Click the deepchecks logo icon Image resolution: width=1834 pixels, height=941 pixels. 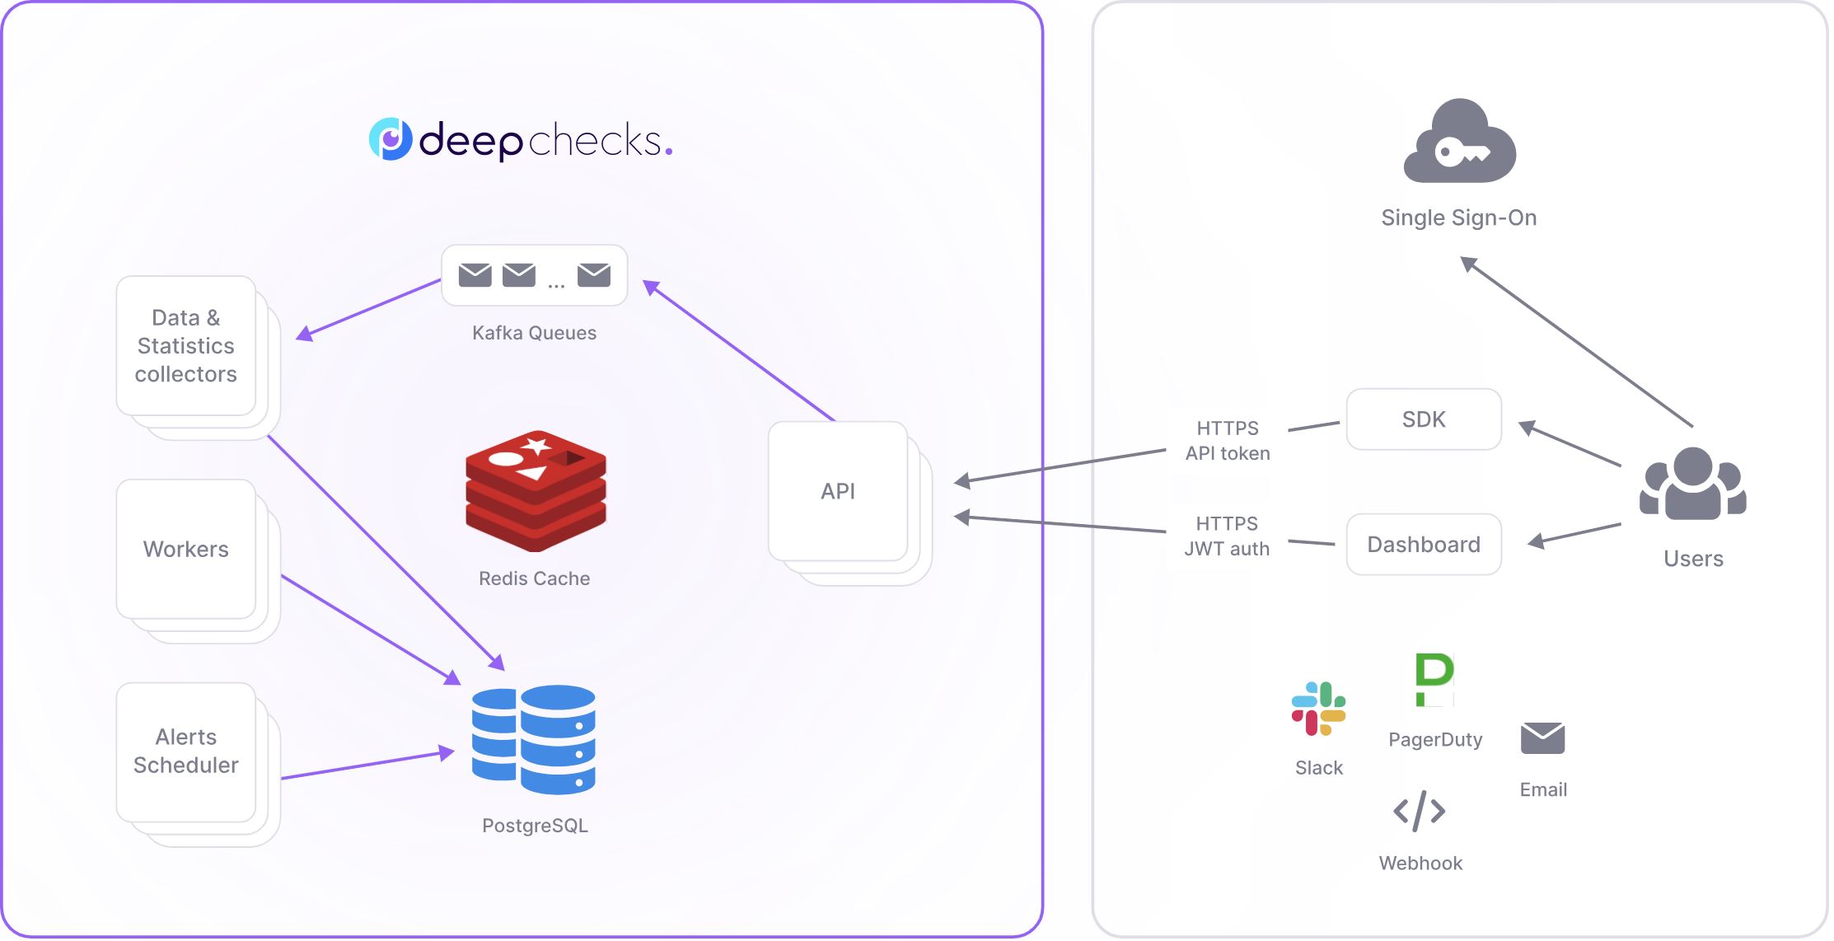pos(391,139)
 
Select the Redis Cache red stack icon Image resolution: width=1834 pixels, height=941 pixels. pos(536,491)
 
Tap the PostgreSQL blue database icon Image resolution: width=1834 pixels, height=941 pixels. pos(534,739)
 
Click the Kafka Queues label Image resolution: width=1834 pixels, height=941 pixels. pos(534,333)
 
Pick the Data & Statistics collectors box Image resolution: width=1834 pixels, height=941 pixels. pos(186,346)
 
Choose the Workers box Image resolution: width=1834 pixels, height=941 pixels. pos(186,550)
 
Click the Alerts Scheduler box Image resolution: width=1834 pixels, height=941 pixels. pos(186,751)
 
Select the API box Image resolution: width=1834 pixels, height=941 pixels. pos(838,491)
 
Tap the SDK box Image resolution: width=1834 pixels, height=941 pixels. pos(1424,419)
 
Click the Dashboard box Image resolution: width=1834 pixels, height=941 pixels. pos(1424,545)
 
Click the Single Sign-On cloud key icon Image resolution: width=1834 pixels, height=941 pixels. pos(1459,142)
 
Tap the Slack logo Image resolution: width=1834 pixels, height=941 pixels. pos(1318,709)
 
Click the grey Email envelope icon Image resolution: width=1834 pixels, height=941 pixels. pos(1542,737)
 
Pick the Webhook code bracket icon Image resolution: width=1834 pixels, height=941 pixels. pos(1419,811)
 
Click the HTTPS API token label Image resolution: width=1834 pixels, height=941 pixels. pos(1228,441)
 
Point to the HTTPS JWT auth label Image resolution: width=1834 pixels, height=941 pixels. pos(1227,536)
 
